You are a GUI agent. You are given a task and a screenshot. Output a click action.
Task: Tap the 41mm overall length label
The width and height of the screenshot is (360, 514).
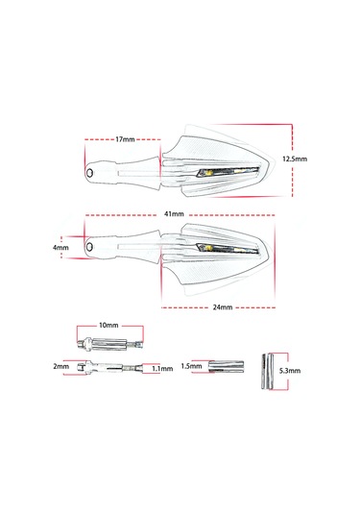coord(173,214)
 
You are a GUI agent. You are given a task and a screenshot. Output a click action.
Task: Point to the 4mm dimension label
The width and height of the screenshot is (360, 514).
coord(61,247)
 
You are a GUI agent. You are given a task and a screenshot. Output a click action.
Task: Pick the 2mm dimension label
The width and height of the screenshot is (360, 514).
coord(61,367)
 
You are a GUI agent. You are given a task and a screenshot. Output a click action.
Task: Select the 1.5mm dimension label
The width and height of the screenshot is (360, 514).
coord(192,367)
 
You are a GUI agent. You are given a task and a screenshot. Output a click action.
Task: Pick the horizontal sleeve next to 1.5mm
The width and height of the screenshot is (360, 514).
coord(227,366)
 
